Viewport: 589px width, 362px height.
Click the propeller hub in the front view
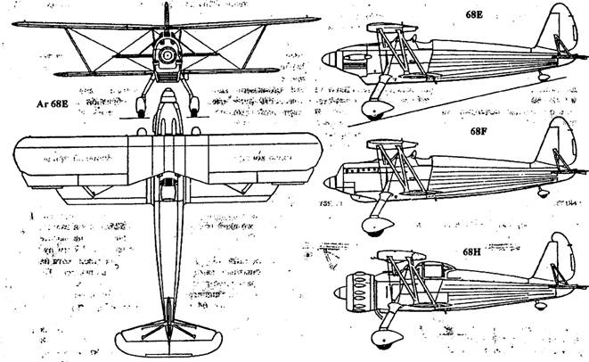pyautogui.click(x=166, y=55)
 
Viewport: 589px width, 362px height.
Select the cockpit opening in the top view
pyautogui.click(x=164, y=188)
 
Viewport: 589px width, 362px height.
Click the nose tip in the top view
pyautogui.click(x=166, y=100)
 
